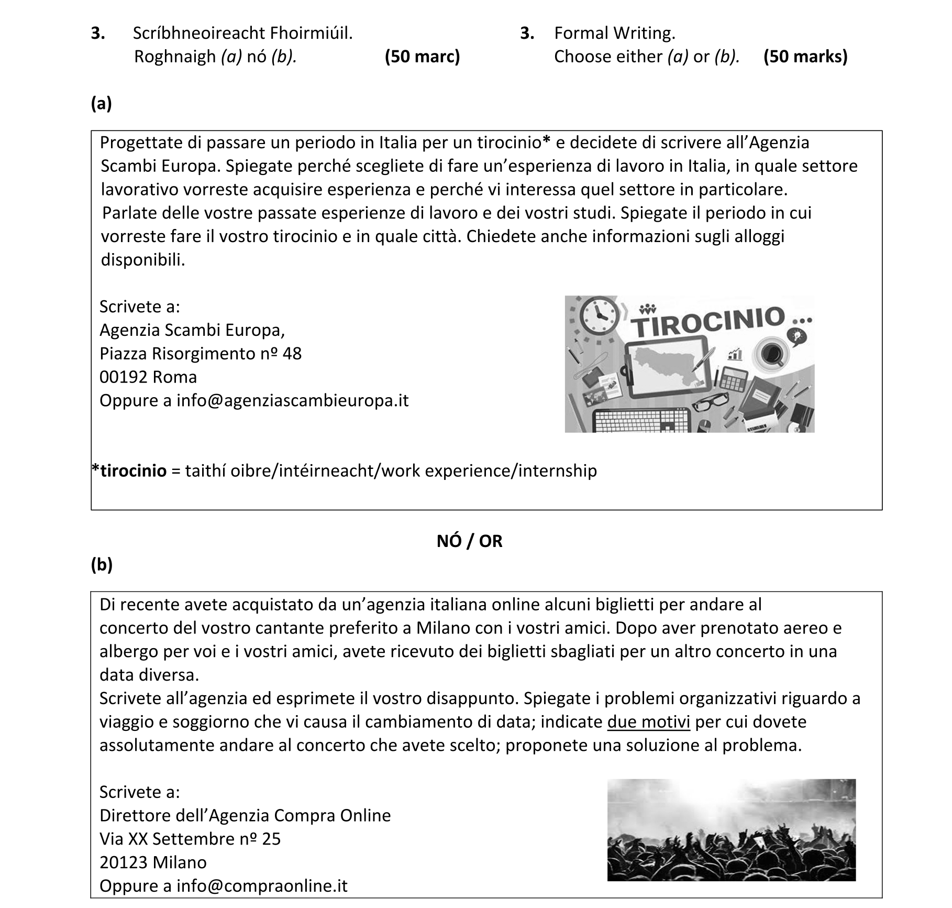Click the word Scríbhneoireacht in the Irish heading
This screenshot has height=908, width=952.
point(200,34)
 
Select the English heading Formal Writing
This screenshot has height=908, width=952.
point(615,34)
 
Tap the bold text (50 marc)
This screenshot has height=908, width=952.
point(422,57)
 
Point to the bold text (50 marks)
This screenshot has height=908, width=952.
point(805,57)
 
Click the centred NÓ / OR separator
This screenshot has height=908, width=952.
point(469,541)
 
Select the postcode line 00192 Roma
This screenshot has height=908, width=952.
point(148,377)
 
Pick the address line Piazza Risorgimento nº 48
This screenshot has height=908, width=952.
point(201,354)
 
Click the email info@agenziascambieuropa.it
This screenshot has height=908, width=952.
point(292,401)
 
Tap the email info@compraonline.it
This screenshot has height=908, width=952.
point(262,886)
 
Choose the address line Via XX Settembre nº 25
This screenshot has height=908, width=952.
point(190,839)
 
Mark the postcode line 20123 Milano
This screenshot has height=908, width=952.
point(153,862)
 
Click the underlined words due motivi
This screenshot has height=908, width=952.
point(648,722)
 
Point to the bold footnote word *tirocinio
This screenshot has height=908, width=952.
point(129,471)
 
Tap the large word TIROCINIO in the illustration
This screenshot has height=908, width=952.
point(710,321)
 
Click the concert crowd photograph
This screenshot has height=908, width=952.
point(731,829)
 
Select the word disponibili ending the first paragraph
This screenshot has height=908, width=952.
point(142,260)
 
